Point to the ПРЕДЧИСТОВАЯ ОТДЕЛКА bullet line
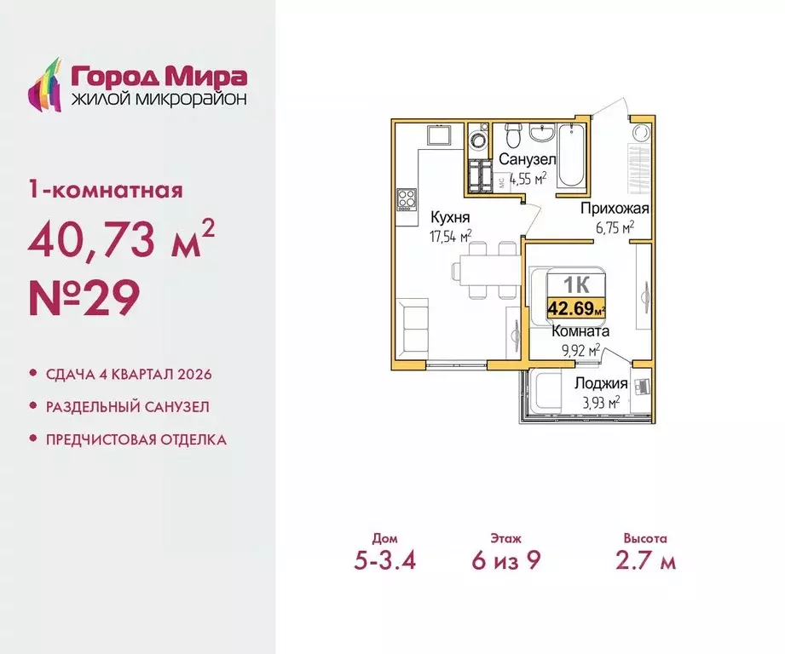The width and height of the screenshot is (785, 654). point(135,439)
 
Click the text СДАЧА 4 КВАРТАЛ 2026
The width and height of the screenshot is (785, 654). point(127,375)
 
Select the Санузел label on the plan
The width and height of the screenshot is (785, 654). point(528,160)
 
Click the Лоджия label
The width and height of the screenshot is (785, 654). point(601,384)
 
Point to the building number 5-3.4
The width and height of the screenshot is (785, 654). point(390,562)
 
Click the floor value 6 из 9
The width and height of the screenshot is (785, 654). point(506,562)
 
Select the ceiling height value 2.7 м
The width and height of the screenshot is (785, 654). point(644,562)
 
